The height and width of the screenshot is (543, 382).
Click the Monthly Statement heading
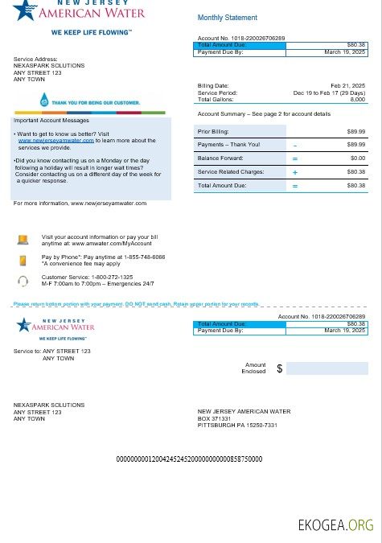tap(228, 18)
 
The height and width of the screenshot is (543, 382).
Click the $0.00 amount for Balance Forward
tap(356, 158)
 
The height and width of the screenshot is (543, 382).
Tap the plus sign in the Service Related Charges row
tap(294, 172)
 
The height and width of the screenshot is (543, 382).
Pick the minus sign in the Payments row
tap(294, 145)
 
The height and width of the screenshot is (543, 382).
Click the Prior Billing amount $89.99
tap(355, 130)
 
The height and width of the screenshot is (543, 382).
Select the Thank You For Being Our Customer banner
tap(90, 102)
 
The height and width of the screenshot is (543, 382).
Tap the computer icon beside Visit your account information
tap(23, 239)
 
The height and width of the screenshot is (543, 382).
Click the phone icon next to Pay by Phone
tap(23, 259)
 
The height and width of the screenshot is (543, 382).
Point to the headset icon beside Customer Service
tap(23, 281)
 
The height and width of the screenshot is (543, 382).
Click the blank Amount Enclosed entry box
tap(327, 368)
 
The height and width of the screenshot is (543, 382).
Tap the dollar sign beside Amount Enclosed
tap(280, 368)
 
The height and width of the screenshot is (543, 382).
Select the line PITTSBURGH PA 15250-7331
tap(237, 425)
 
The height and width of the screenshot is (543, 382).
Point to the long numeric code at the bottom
tap(190, 459)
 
